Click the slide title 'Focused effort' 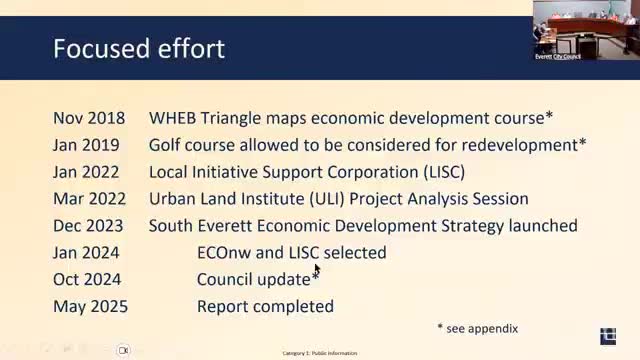point(139,48)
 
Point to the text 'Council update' point(254,280)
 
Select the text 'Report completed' point(265,307)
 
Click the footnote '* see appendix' point(478,328)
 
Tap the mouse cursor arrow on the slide point(317,269)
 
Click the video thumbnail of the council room point(586,30)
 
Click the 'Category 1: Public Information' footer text point(319,353)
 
